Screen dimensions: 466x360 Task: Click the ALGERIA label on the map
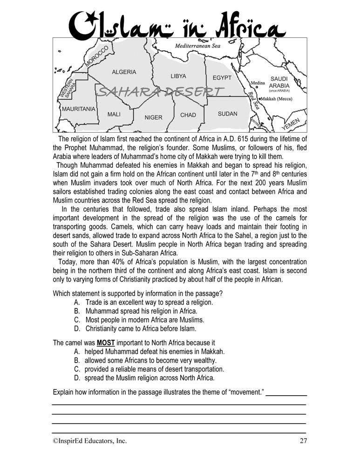point(124,72)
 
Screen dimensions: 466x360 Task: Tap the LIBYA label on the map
point(178,76)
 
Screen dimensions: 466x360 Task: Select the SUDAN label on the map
point(227,114)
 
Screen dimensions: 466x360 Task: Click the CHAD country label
point(188,115)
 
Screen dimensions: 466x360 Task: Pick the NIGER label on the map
point(153,117)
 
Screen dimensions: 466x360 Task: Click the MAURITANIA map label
point(79,109)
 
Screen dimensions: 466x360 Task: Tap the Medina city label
point(258,83)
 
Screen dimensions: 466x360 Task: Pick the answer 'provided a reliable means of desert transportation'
point(154,369)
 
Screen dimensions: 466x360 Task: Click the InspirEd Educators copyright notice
point(89,440)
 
